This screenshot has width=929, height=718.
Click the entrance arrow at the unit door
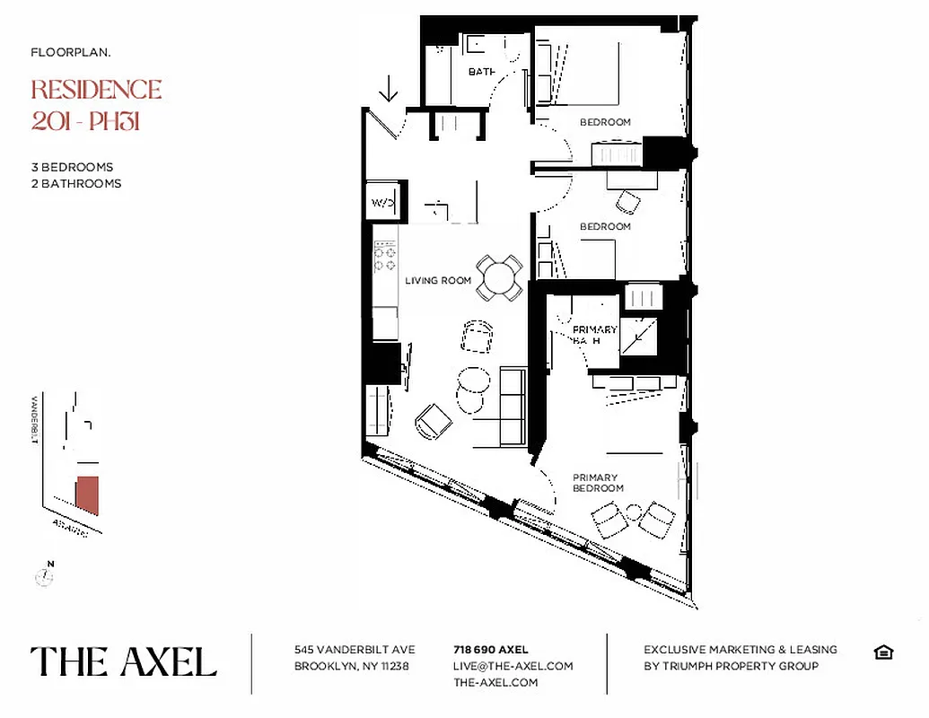(389, 89)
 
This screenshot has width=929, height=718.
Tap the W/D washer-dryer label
(383, 203)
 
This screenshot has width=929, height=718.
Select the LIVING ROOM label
(438, 281)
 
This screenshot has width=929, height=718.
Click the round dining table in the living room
(499, 277)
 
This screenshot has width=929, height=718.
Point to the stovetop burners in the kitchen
(385, 253)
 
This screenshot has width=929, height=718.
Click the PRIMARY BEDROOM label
(598, 483)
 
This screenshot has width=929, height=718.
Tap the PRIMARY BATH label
(594, 335)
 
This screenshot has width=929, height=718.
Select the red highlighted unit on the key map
(87, 495)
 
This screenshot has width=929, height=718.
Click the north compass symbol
(44, 575)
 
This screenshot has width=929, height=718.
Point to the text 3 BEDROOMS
(72, 167)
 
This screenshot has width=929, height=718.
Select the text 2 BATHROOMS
(75, 183)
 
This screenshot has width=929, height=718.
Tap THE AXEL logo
(124, 661)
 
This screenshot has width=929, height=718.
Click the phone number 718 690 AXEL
(490, 650)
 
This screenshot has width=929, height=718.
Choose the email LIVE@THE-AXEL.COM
(513, 666)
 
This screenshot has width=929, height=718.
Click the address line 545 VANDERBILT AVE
(354, 650)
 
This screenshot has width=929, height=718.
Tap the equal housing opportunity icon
(882, 652)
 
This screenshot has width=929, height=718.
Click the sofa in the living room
(513, 407)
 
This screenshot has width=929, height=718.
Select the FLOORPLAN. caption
(71, 53)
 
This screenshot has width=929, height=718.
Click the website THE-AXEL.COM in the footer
(495, 682)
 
